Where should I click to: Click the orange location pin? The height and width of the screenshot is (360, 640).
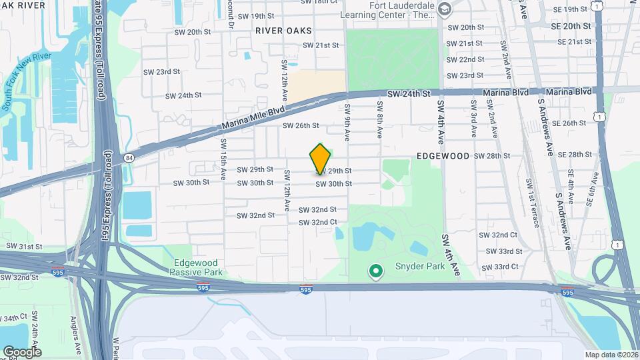(320, 159)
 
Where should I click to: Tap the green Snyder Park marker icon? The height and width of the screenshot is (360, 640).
(375, 271)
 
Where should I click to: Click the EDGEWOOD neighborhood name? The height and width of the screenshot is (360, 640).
(443, 155)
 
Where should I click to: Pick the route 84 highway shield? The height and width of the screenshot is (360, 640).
(129, 157)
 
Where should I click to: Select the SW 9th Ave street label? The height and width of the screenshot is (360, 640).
(347, 122)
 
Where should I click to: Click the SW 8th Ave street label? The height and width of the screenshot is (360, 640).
(379, 120)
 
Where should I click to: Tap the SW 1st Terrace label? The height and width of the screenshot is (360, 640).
(532, 202)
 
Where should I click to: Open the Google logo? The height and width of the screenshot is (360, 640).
(22, 351)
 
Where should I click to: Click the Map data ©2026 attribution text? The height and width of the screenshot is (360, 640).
(611, 355)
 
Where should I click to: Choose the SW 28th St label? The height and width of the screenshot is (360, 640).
(491, 155)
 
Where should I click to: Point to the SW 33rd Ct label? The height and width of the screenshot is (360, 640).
(501, 267)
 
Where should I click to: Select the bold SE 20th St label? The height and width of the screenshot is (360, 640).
(571, 26)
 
